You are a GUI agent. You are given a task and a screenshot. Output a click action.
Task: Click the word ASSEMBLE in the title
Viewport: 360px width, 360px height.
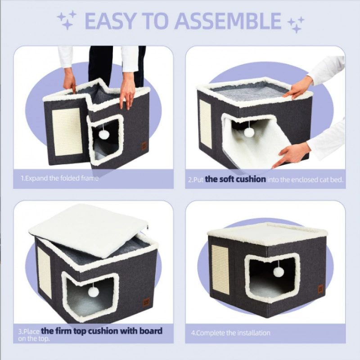pos(229,21)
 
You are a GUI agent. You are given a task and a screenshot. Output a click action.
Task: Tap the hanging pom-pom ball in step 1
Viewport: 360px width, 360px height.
pos(104,134)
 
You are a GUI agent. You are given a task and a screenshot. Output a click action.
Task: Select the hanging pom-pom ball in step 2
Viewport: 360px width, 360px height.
pos(249,132)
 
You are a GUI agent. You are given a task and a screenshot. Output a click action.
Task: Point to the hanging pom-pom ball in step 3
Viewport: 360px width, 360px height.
pos(94,292)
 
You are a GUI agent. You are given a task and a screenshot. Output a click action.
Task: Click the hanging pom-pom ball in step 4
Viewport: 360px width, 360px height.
pos(279,272)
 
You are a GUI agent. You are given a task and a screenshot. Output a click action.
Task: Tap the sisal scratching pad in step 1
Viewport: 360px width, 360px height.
pos(67,132)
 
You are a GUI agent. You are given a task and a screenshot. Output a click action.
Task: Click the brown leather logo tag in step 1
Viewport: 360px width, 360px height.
pos(144,146)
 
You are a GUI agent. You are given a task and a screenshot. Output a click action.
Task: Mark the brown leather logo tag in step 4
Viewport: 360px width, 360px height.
pos(320,289)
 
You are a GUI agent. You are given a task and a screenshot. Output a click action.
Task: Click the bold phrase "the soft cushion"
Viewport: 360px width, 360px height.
pos(235,179)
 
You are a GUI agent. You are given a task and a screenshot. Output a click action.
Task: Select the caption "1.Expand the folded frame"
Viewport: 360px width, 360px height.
pos(60,178)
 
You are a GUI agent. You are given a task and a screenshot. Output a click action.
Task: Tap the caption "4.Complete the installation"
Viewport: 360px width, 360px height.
pos(230,333)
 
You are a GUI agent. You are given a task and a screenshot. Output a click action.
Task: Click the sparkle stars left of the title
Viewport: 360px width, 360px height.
pos(67,20)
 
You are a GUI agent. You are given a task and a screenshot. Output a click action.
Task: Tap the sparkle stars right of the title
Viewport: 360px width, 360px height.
pos(296,25)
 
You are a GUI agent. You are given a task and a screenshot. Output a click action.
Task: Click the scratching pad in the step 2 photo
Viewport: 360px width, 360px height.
pos(205,124)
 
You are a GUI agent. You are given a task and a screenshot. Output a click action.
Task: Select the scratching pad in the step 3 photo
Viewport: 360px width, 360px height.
pos(44,273)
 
